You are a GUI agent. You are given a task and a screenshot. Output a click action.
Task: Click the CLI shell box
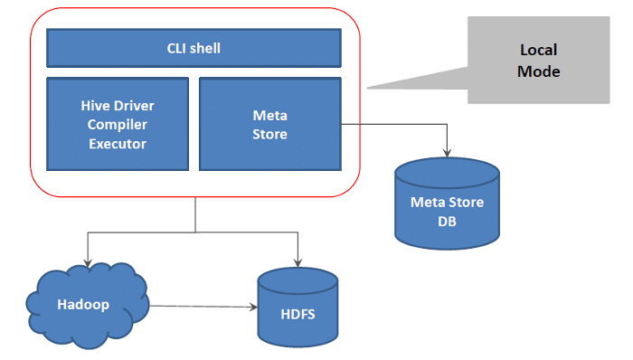point(194,48)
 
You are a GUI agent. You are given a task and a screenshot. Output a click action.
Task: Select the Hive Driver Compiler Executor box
point(118,124)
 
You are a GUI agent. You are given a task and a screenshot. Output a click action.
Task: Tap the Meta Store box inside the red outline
point(269,124)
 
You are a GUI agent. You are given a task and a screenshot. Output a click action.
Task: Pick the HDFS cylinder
point(299,308)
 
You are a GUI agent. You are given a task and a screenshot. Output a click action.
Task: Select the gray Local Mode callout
point(537,61)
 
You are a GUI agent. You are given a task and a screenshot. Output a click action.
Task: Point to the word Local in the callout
point(538,51)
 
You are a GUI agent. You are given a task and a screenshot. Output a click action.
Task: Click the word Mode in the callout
point(539,71)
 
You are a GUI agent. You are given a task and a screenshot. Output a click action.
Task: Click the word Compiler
point(118,124)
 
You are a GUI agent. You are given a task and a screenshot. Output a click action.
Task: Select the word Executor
point(118,143)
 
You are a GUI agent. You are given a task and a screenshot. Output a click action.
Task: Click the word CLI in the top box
point(178,48)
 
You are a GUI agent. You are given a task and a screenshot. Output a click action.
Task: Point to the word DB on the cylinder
point(448,220)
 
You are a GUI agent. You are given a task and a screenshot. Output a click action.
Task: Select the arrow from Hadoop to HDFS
point(199,306)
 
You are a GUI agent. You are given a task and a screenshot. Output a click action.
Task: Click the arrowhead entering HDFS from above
point(298,263)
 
